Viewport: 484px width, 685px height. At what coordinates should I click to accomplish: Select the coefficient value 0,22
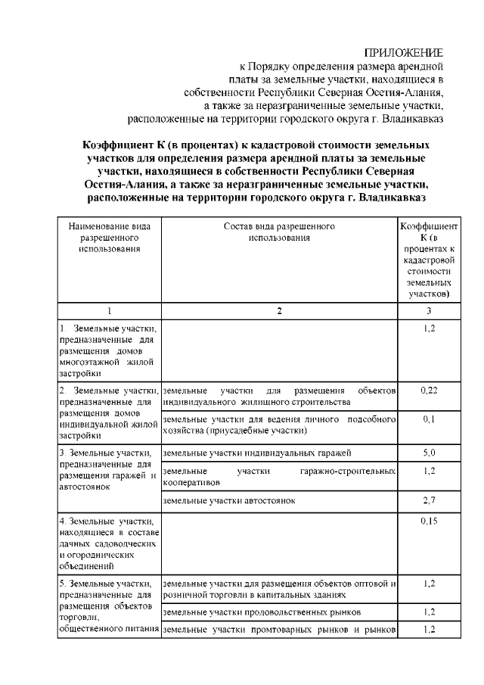[x=429, y=390]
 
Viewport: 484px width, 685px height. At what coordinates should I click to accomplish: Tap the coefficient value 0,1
[x=429, y=419]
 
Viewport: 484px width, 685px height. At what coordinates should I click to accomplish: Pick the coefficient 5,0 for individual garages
[x=429, y=453]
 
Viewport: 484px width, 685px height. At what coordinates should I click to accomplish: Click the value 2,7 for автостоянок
[x=429, y=500]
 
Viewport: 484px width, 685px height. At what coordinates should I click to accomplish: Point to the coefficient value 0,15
[x=429, y=522]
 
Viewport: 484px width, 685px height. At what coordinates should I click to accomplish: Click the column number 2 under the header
[x=279, y=311]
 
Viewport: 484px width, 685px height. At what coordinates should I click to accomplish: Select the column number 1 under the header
[x=110, y=311]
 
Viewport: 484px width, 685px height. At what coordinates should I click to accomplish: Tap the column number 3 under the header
[x=429, y=311]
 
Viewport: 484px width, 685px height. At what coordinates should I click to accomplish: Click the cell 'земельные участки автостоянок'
[x=228, y=500]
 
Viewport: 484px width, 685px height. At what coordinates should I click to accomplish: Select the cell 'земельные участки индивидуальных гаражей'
[x=257, y=453]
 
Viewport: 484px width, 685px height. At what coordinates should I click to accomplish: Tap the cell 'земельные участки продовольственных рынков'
[x=262, y=611]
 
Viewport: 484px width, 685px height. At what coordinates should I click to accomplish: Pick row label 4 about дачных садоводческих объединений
[x=110, y=543]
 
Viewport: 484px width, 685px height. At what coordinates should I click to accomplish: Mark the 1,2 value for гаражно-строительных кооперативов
[x=429, y=471]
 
